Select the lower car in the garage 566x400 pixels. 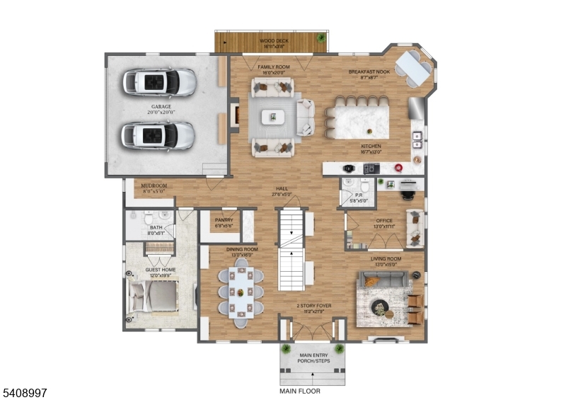[157, 135]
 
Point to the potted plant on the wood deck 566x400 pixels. [321, 37]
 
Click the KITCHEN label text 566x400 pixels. [371, 147]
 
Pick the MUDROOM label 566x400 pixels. [153, 187]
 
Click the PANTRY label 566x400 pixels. [224, 220]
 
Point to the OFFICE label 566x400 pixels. [384, 220]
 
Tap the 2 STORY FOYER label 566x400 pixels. [313, 306]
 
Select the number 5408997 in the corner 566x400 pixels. [25, 391]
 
